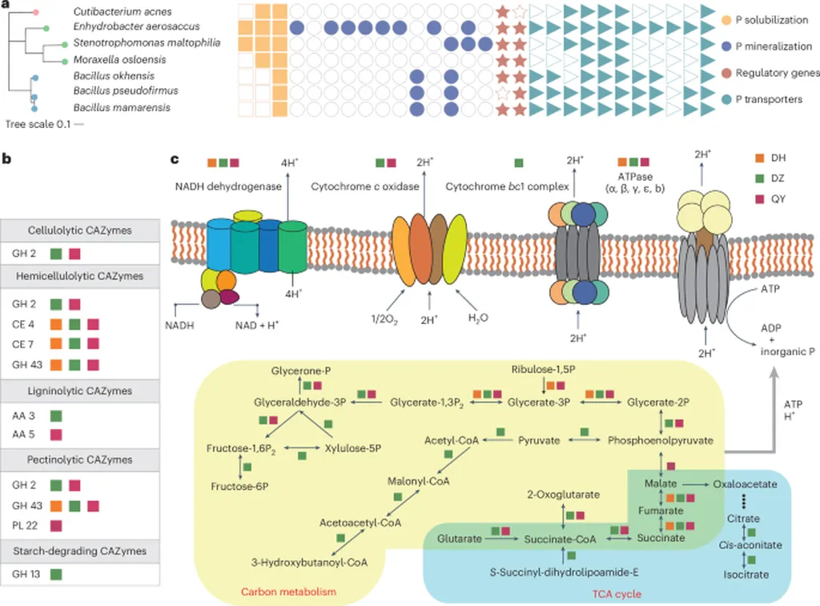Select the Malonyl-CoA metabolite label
[x=418, y=481]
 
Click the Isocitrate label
[x=746, y=574]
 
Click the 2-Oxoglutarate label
[x=564, y=495]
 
